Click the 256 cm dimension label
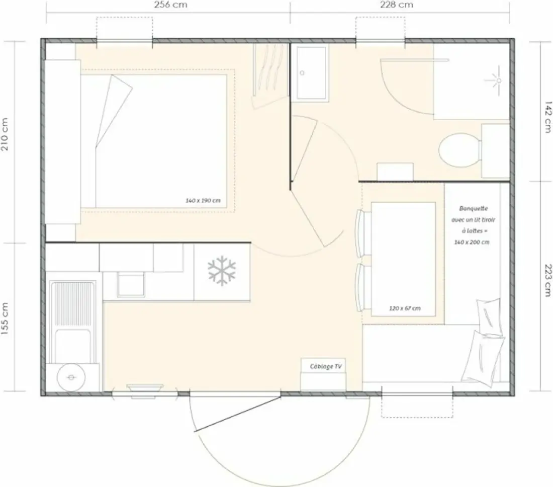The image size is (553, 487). click(170, 5)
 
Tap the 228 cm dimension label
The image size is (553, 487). click(397, 5)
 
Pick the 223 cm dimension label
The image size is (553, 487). click(548, 281)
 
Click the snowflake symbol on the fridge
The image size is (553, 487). click(222, 271)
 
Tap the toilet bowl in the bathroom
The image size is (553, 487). click(459, 150)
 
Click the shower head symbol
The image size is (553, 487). click(498, 81)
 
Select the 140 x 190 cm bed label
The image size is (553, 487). click(203, 201)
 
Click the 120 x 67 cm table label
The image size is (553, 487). click(405, 308)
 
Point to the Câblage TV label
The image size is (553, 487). click(326, 367)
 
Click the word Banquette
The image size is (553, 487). click(473, 209)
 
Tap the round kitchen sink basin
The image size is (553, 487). click(71, 377)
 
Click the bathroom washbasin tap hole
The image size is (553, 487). click(302, 73)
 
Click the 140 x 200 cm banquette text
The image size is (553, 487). click(472, 242)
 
